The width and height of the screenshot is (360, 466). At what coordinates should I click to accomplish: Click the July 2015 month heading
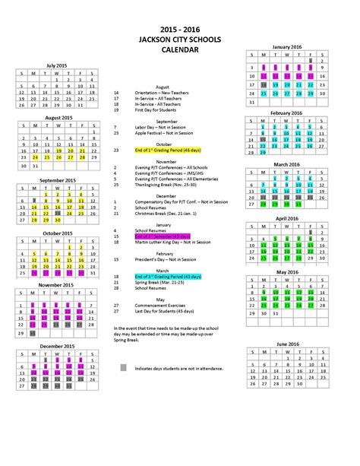tap(58, 67)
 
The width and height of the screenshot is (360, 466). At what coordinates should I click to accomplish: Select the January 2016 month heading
tap(286, 47)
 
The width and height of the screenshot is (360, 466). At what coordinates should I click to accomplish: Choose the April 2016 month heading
tap(286, 218)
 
